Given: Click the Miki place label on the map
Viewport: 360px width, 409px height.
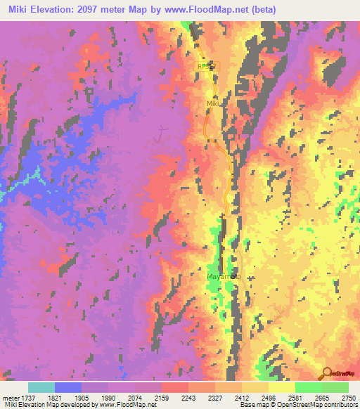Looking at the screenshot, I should pos(213,103).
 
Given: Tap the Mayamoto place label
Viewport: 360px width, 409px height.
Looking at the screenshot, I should pos(224,277).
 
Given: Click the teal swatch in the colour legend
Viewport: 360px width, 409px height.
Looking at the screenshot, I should pos(41,387).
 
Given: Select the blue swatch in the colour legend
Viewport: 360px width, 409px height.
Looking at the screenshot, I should pos(68,387).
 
